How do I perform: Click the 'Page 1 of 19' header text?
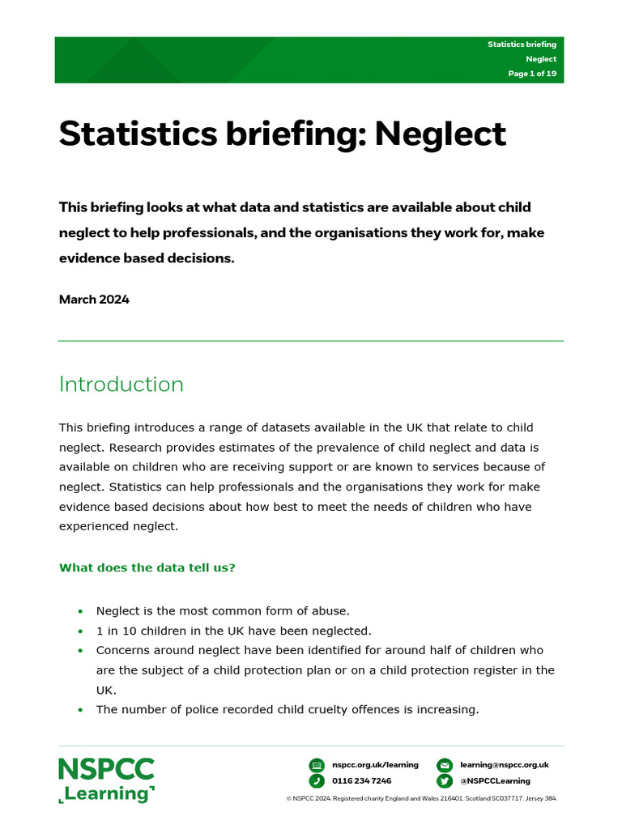point(532,74)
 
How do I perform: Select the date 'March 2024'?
point(94,300)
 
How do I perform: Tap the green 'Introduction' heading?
point(121,385)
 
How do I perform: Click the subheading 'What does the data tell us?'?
point(147,568)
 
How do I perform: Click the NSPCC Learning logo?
point(106,780)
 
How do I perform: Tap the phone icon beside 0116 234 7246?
point(317,781)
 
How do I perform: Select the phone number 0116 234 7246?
point(361,781)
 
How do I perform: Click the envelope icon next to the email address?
point(444,765)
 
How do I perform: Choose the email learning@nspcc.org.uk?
point(505,765)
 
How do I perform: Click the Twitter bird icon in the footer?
point(444,781)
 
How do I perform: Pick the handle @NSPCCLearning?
point(495,781)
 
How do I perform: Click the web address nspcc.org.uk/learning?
point(375,765)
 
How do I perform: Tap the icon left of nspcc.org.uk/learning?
point(317,765)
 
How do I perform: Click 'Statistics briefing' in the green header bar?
point(522,45)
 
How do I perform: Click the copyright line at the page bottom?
point(422,798)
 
